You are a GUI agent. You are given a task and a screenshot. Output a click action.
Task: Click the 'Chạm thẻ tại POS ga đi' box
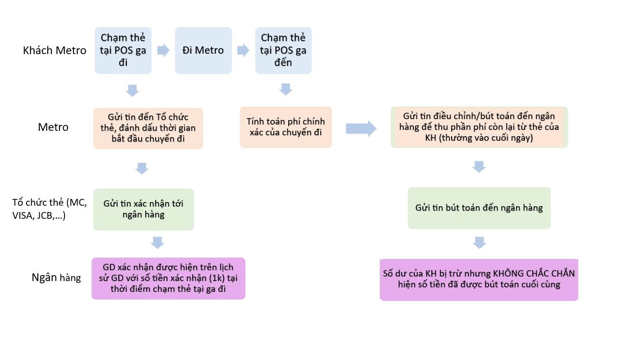123,50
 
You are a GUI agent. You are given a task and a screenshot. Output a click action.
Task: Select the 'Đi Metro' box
203,50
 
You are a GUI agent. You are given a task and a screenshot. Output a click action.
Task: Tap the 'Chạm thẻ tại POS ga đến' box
283,50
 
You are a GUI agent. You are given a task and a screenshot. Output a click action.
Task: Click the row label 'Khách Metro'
55,51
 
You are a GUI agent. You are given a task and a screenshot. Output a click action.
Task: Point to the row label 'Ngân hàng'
56,277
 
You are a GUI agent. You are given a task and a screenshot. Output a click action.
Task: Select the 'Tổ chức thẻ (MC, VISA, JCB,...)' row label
49,209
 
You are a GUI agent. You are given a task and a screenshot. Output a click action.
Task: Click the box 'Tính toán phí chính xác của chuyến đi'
286,127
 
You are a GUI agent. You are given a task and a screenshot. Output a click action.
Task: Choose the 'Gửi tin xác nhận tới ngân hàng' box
143,209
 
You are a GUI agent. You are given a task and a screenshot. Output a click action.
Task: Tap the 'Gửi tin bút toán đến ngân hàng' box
479,208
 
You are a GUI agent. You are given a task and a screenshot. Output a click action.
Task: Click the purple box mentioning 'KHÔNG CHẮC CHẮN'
479,279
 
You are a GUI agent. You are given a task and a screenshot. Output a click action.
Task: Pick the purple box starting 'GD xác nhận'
168,278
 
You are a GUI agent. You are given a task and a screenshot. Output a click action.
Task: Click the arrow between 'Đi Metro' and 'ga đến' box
243,50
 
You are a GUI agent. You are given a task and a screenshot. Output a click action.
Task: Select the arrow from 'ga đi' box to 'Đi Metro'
163,50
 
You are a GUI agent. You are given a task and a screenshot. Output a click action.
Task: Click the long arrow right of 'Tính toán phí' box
361,129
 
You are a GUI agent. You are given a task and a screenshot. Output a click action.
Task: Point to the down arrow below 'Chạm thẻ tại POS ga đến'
285,89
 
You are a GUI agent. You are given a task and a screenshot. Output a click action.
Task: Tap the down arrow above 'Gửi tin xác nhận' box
142,168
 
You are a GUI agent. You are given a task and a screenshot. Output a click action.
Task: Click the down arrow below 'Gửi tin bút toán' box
479,243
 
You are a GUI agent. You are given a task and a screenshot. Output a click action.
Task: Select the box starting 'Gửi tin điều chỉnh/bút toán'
479,127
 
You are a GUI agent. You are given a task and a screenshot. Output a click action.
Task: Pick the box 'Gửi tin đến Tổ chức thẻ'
148,128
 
